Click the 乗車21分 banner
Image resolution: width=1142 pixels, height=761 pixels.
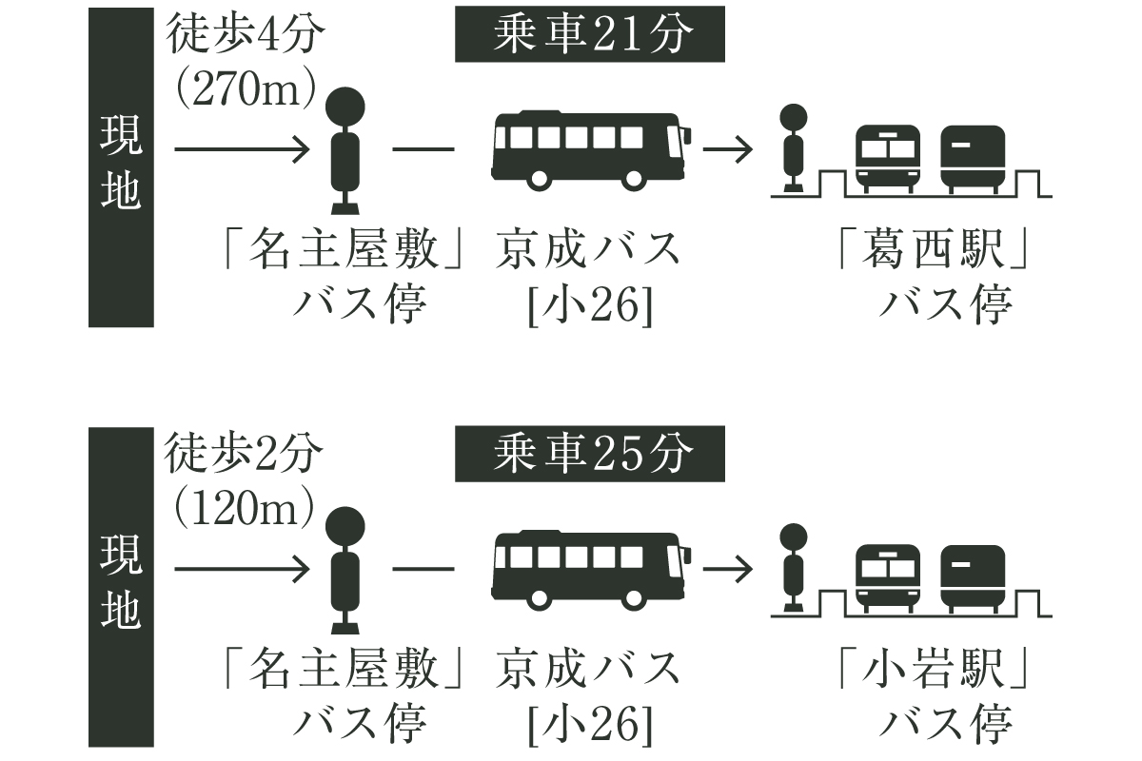[x=590, y=34]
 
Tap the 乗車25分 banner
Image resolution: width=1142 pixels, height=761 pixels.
[x=590, y=454]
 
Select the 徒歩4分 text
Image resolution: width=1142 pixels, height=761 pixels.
[x=246, y=34]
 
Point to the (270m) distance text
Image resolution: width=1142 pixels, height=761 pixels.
[x=246, y=88]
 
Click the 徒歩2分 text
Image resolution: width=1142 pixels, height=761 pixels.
[x=244, y=454]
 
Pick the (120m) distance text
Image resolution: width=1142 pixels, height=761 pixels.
[x=244, y=508]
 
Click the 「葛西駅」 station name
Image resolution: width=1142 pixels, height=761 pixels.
[x=934, y=249]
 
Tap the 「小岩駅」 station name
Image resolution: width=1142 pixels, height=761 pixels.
[x=934, y=668]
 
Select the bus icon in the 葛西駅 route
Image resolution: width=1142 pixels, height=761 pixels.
[x=591, y=150]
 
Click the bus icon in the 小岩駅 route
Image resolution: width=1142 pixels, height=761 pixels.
[x=591, y=570]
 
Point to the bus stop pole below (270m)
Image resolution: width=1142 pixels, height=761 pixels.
[x=345, y=151]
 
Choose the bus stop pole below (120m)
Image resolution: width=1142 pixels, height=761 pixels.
[x=345, y=571]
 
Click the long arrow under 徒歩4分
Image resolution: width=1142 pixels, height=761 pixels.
[x=242, y=149]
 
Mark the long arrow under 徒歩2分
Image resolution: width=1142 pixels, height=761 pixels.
[x=242, y=569]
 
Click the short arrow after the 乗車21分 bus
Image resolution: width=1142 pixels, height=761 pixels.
[x=727, y=149]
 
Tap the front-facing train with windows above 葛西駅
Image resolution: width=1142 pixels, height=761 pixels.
[x=888, y=159]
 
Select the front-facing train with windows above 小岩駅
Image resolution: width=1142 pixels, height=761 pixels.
[x=888, y=578]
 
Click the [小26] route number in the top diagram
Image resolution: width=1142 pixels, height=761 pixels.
[x=590, y=304]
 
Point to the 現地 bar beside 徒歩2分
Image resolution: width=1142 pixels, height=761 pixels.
[x=122, y=587]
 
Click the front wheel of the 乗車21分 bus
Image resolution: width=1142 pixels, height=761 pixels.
[x=633, y=179]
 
